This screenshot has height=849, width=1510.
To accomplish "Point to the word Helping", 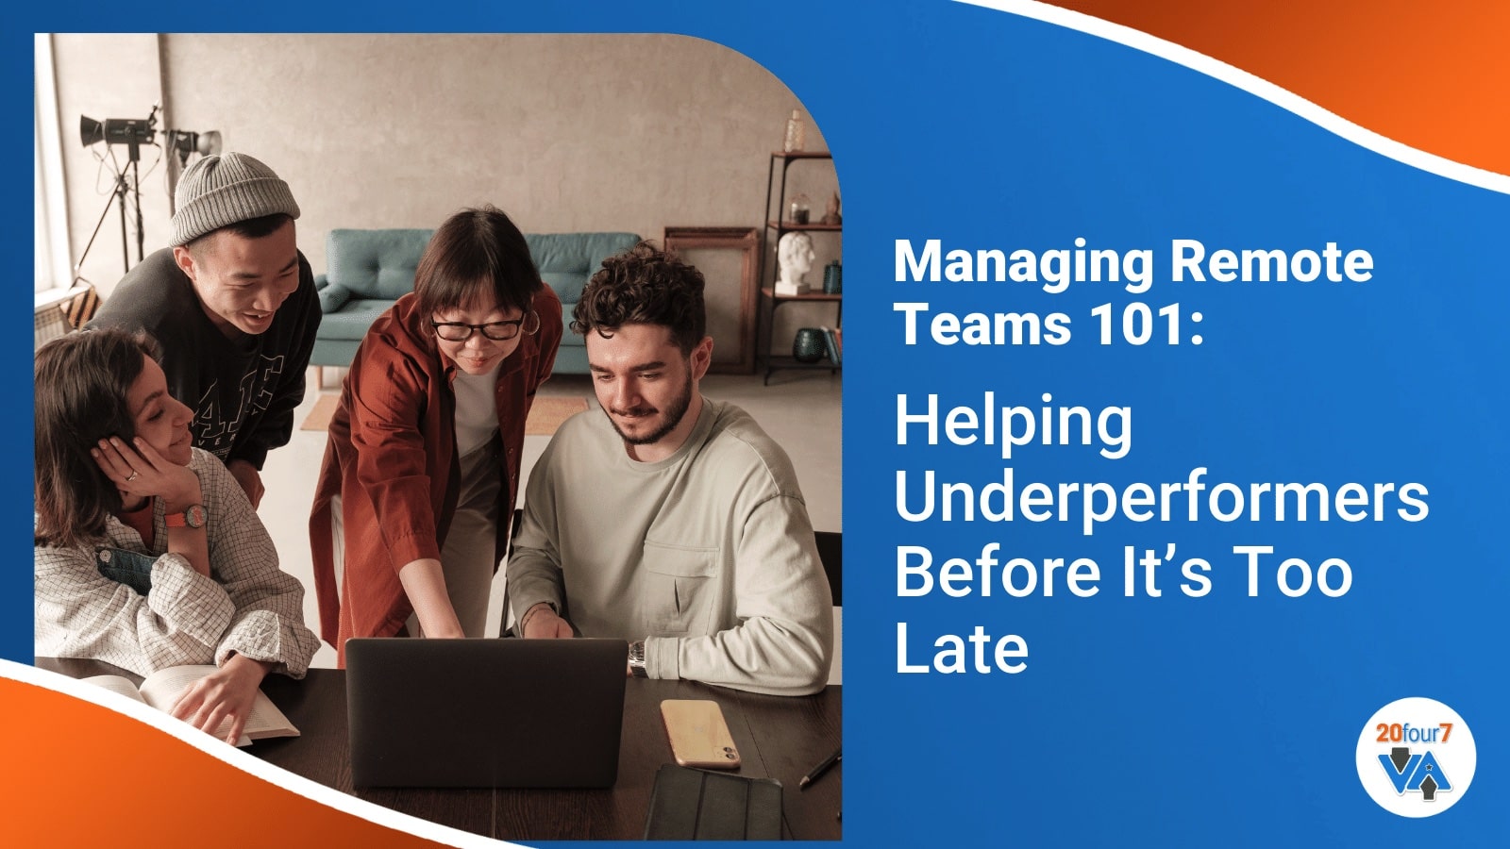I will (x=1013, y=424).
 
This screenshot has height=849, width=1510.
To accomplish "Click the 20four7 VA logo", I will (x=1415, y=756).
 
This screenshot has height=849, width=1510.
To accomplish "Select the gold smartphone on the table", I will (x=699, y=733).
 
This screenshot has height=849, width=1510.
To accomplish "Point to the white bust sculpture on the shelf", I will (x=797, y=259).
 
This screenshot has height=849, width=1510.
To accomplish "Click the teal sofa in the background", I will (x=396, y=283).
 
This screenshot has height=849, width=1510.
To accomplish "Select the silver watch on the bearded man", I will (x=639, y=658).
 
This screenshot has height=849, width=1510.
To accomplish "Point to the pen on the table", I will (x=819, y=769).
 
